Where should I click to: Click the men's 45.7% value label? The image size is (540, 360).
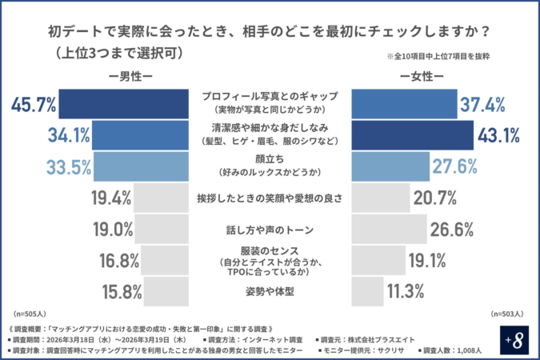pyautogui.click(x=34, y=103)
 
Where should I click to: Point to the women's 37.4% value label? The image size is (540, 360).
pyautogui.click(x=484, y=103)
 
